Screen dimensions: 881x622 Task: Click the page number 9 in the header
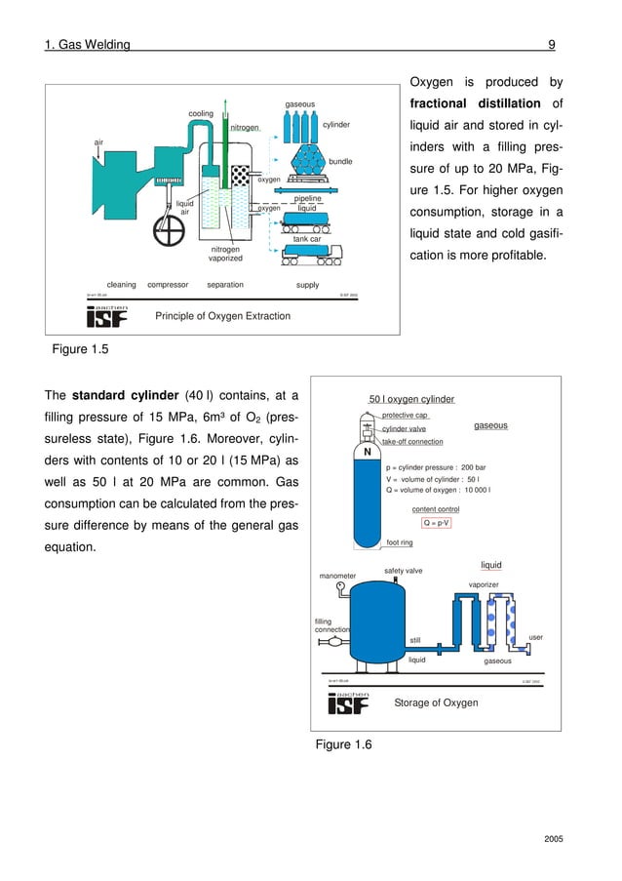tap(552, 44)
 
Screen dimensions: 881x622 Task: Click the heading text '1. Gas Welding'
tap(88, 44)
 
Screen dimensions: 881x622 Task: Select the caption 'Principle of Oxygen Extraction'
tap(223, 316)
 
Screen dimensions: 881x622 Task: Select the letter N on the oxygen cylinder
tap(368, 452)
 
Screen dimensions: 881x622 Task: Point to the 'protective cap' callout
tap(405, 416)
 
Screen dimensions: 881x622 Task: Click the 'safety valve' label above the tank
tap(403, 571)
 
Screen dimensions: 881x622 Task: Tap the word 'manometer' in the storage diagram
tap(337, 576)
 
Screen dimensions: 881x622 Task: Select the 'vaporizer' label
tap(484, 584)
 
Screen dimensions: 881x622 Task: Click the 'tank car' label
tap(307, 239)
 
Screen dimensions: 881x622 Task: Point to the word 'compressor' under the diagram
tap(168, 285)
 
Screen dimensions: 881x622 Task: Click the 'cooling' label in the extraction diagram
tap(200, 114)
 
